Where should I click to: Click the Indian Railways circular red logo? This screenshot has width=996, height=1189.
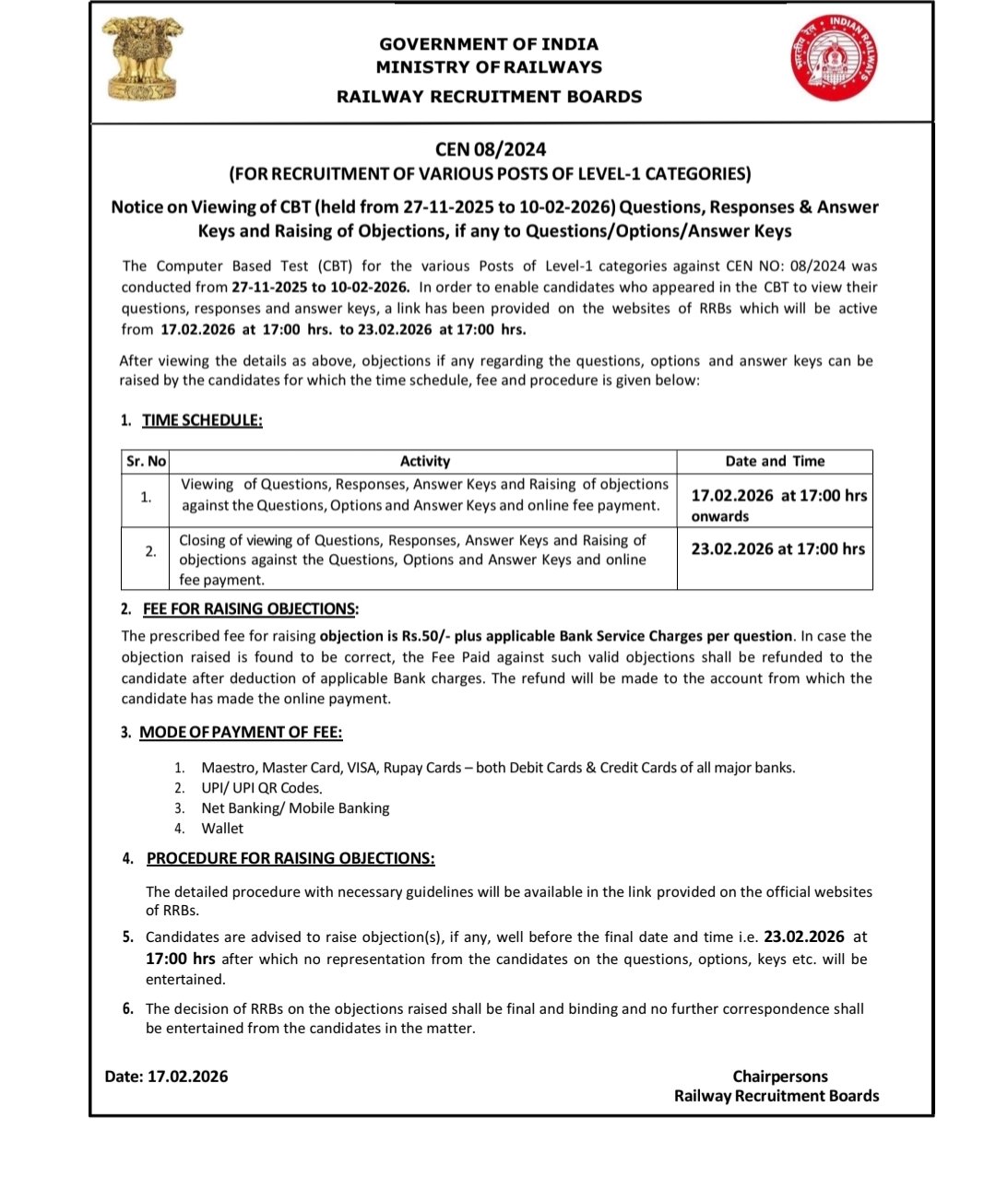834,58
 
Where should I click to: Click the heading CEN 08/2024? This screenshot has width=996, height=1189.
491,149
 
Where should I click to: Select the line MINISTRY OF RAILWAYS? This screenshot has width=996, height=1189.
489,67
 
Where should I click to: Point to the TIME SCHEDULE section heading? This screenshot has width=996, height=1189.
202,420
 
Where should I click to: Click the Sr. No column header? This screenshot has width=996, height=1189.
146,461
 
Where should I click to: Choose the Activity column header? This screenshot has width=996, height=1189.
424,461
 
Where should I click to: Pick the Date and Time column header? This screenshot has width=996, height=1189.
775,461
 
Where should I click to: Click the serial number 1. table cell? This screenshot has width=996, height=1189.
146,498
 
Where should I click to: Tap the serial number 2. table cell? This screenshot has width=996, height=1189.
150,551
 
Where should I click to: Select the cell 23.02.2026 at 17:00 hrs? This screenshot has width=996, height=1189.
778,549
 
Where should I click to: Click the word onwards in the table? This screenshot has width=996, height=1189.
720,517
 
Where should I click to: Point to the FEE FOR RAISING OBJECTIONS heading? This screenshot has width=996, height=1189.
249,609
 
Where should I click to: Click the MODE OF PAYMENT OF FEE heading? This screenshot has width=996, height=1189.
241,733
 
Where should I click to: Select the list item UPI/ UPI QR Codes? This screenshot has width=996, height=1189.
261,788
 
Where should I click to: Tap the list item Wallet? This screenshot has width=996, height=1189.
222,829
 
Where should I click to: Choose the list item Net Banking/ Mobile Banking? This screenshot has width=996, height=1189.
295,808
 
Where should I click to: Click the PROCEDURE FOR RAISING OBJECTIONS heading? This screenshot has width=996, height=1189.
290,858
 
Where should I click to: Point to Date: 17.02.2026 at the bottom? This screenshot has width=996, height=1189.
166,1077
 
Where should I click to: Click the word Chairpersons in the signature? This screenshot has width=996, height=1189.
780,1077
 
